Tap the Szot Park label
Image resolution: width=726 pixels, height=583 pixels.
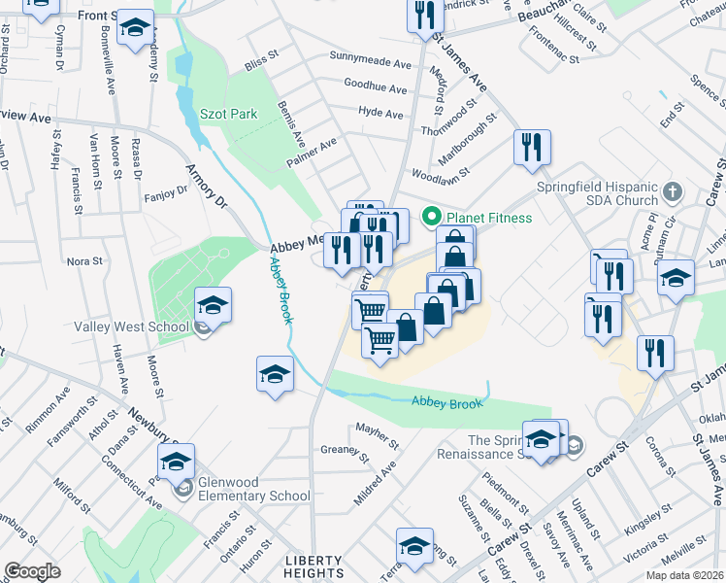[228, 114]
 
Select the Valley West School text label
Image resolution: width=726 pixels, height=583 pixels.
[131, 326]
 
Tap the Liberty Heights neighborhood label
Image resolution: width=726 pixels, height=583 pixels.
[313, 567]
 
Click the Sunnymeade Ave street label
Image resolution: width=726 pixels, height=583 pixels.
[370, 62]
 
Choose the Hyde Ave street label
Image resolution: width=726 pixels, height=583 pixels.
[380, 114]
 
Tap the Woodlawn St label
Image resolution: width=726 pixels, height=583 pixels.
[441, 175]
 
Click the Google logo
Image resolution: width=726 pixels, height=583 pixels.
[32, 571]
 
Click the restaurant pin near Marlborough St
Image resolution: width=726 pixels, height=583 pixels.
[532, 148]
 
